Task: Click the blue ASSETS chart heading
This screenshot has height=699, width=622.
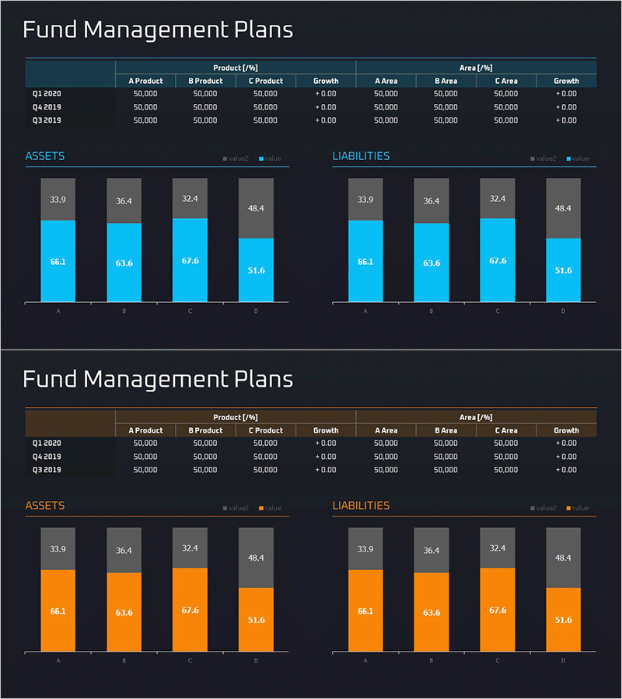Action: pos(45,156)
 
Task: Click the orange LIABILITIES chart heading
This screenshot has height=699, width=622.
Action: pos(362,506)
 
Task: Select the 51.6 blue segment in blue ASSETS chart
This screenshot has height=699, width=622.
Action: pos(256,270)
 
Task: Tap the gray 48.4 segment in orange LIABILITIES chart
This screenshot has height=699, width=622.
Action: pos(563,558)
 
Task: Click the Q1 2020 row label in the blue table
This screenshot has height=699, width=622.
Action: pos(47,93)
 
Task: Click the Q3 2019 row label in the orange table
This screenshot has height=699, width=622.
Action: pos(47,470)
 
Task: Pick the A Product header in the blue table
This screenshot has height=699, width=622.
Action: pos(145,81)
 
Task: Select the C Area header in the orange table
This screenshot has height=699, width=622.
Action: pos(506,430)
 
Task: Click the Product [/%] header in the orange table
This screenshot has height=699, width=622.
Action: pos(236,417)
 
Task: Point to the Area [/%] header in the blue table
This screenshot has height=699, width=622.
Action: pos(476,68)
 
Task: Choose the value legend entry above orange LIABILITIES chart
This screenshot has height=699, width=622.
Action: pos(578,508)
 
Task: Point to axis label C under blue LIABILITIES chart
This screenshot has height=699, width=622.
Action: pos(498,311)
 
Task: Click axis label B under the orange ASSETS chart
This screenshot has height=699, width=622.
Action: pos(124,661)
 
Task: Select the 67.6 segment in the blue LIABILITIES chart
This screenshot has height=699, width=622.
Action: pos(498,260)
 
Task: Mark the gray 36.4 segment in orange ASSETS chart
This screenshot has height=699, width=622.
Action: pos(124,551)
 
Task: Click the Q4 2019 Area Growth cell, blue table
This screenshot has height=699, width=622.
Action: pos(566,107)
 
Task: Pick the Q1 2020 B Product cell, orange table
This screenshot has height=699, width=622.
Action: pos(205,443)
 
